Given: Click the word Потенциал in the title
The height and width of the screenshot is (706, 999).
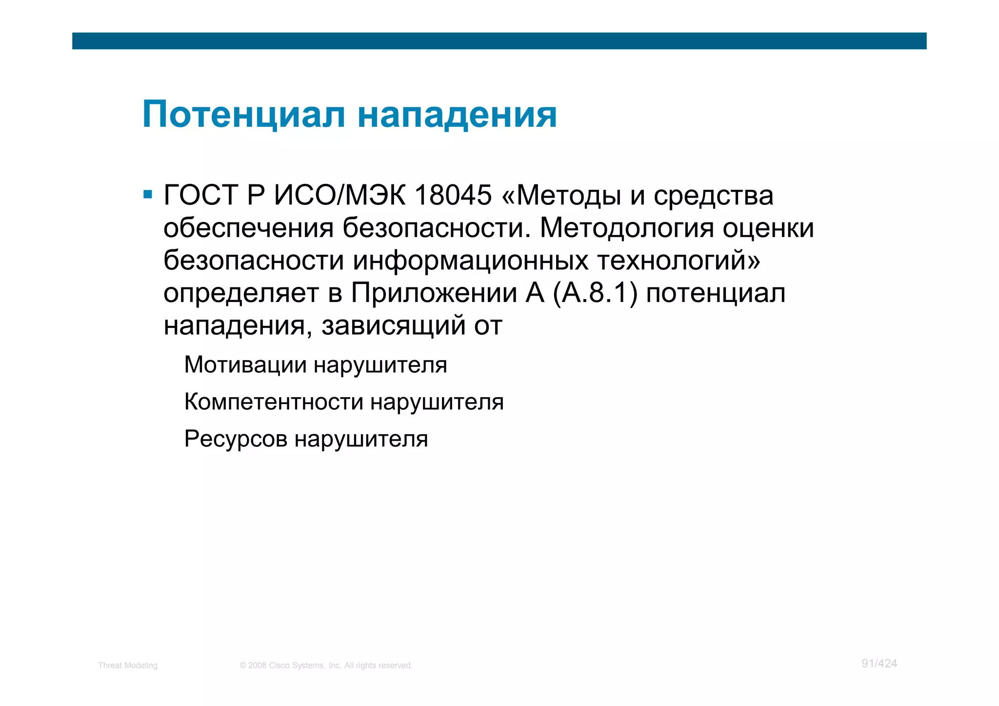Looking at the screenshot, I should coord(244,115).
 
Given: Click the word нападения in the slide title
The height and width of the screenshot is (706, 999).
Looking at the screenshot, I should coord(457,115).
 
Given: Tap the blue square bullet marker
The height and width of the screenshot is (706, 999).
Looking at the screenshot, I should coord(148,195).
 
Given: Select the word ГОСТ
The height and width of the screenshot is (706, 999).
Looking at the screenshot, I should coord(200,195).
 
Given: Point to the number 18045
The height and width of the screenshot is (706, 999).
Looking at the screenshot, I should coord(453,195).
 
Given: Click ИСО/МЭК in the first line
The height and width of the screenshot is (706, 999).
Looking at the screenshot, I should coord(340,195).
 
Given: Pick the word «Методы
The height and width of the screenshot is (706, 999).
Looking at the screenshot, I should coord(561,195).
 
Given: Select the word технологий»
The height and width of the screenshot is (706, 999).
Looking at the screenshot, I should coord(679,261).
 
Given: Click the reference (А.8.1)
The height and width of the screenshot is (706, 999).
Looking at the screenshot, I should coord(595,293).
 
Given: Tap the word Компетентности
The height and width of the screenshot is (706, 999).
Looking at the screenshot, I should coord(274,402).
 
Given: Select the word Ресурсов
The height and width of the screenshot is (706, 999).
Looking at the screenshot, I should coord(236,439).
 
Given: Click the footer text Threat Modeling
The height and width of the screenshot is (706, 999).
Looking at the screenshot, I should coord(128,666).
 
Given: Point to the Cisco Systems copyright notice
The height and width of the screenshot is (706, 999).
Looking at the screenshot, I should coord(326,666).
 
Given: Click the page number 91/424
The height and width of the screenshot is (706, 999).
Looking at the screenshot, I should coord(879,664).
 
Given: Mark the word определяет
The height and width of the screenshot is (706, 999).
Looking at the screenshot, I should coord(241,293).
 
